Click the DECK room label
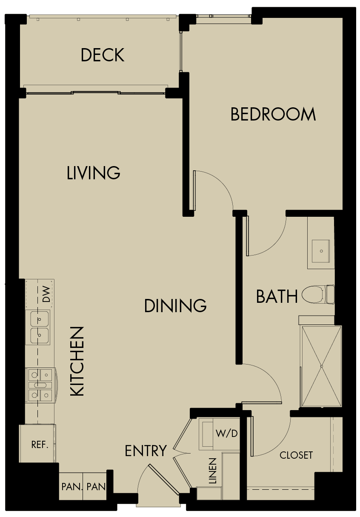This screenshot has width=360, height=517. click(x=103, y=55)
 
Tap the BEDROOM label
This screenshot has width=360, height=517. click(x=273, y=115)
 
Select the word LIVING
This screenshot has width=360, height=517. click(x=94, y=173)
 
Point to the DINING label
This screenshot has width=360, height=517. click(x=175, y=306)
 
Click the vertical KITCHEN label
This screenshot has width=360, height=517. click(x=77, y=362)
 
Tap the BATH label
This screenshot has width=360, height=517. click(x=277, y=296)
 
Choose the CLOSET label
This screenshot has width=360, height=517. click(x=296, y=455)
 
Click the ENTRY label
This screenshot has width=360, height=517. click(x=146, y=451)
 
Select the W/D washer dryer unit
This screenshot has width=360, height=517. click(x=219, y=434)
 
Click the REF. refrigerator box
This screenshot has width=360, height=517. click(x=39, y=445)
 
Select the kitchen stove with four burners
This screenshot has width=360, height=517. click(x=41, y=385)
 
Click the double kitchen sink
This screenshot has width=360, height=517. click(x=38, y=327)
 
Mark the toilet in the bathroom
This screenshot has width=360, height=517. click(x=317, y=294)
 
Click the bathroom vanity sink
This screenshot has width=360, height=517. click(x=320, y=251)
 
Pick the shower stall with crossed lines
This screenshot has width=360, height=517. click(x=321, y=366)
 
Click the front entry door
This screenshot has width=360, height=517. click(x=163, y=480)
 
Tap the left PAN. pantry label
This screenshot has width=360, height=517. click(x=70, y=486)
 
